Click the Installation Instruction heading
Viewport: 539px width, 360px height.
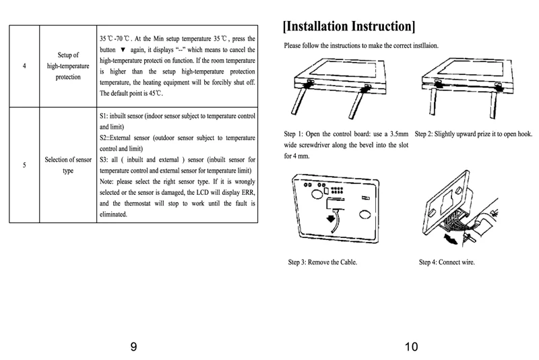[349, 26]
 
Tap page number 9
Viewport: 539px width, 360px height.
[134, 347]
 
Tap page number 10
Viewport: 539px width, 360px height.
[411, 347]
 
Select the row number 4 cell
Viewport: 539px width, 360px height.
[25, 66]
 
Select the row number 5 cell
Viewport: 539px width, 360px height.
[25, 164]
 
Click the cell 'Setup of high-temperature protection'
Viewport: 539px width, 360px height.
[68, 66]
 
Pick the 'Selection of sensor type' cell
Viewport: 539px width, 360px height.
[68, 164]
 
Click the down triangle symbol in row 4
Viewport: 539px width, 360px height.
[123, 51]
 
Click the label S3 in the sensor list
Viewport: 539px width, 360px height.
[104, 160]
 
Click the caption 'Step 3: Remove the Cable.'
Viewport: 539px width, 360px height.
[322, 262]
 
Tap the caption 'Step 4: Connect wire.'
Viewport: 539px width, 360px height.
[447, 262]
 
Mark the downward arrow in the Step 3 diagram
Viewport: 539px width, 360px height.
[330, 219]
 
